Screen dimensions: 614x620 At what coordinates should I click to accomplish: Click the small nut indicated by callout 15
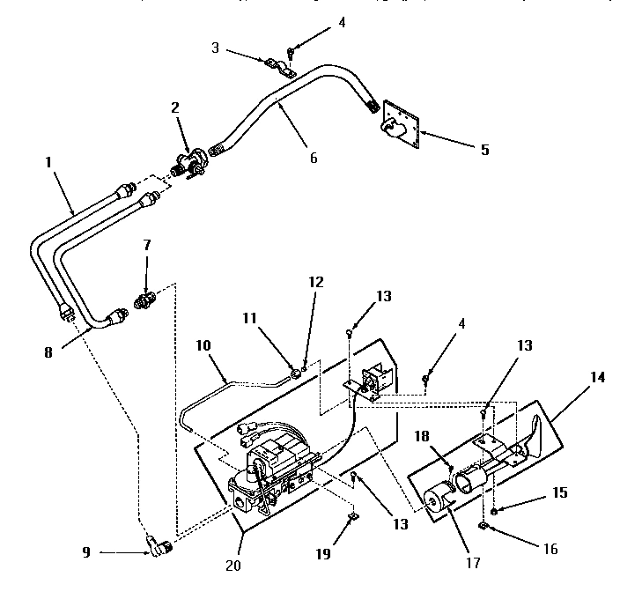pyautogui.click(x=496, y=511)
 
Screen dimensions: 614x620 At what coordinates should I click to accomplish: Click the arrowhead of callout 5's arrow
pyautogui.click(x=423, y=133)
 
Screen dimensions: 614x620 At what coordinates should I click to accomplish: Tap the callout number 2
pyautogui.click(x=174, y=107)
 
